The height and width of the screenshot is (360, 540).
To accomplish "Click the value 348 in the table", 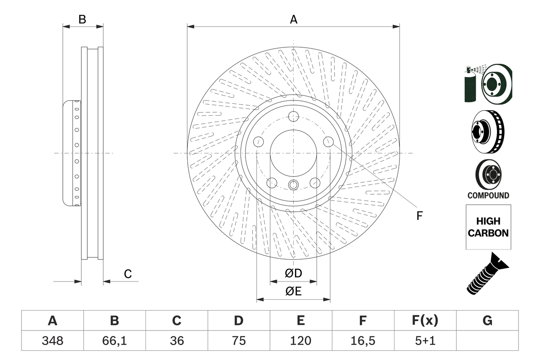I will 52,341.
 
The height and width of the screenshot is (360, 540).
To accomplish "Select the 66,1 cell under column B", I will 114,341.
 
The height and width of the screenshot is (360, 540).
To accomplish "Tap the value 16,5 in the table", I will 362,341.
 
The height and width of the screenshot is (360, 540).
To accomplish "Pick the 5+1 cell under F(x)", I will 425,341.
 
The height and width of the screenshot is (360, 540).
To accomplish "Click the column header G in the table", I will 487,321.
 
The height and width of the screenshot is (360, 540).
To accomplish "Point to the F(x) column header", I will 425,321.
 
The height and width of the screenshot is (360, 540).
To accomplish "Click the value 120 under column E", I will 300,341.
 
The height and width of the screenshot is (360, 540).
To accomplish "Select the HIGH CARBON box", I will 488,227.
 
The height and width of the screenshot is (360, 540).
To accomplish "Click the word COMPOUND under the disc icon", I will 488,195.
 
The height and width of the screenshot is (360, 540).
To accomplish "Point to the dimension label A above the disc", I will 293,19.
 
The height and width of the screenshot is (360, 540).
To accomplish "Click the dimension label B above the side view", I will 83,19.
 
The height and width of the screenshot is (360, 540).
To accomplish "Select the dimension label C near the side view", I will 128,274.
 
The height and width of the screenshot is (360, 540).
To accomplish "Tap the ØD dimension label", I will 293,273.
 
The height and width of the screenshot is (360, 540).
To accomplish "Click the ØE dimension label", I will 293,292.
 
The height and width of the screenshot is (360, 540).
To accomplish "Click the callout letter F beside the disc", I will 419,216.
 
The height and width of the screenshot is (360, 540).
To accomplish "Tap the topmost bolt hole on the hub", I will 294,116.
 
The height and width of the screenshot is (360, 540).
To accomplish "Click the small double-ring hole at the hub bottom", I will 294,184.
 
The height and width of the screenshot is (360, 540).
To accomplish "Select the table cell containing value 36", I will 176,341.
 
